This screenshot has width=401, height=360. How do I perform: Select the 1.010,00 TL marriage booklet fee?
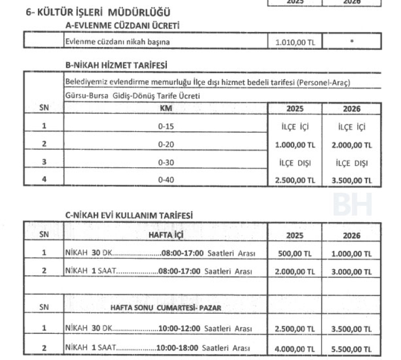coord(296,41)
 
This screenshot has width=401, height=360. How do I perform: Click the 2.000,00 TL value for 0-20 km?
coord(352,145)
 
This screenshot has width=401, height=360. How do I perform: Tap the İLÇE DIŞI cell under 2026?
coord(352,162)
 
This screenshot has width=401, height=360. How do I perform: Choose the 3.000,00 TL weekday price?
coord(352,271)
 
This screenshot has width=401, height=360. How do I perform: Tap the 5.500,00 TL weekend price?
coord(352,348)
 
